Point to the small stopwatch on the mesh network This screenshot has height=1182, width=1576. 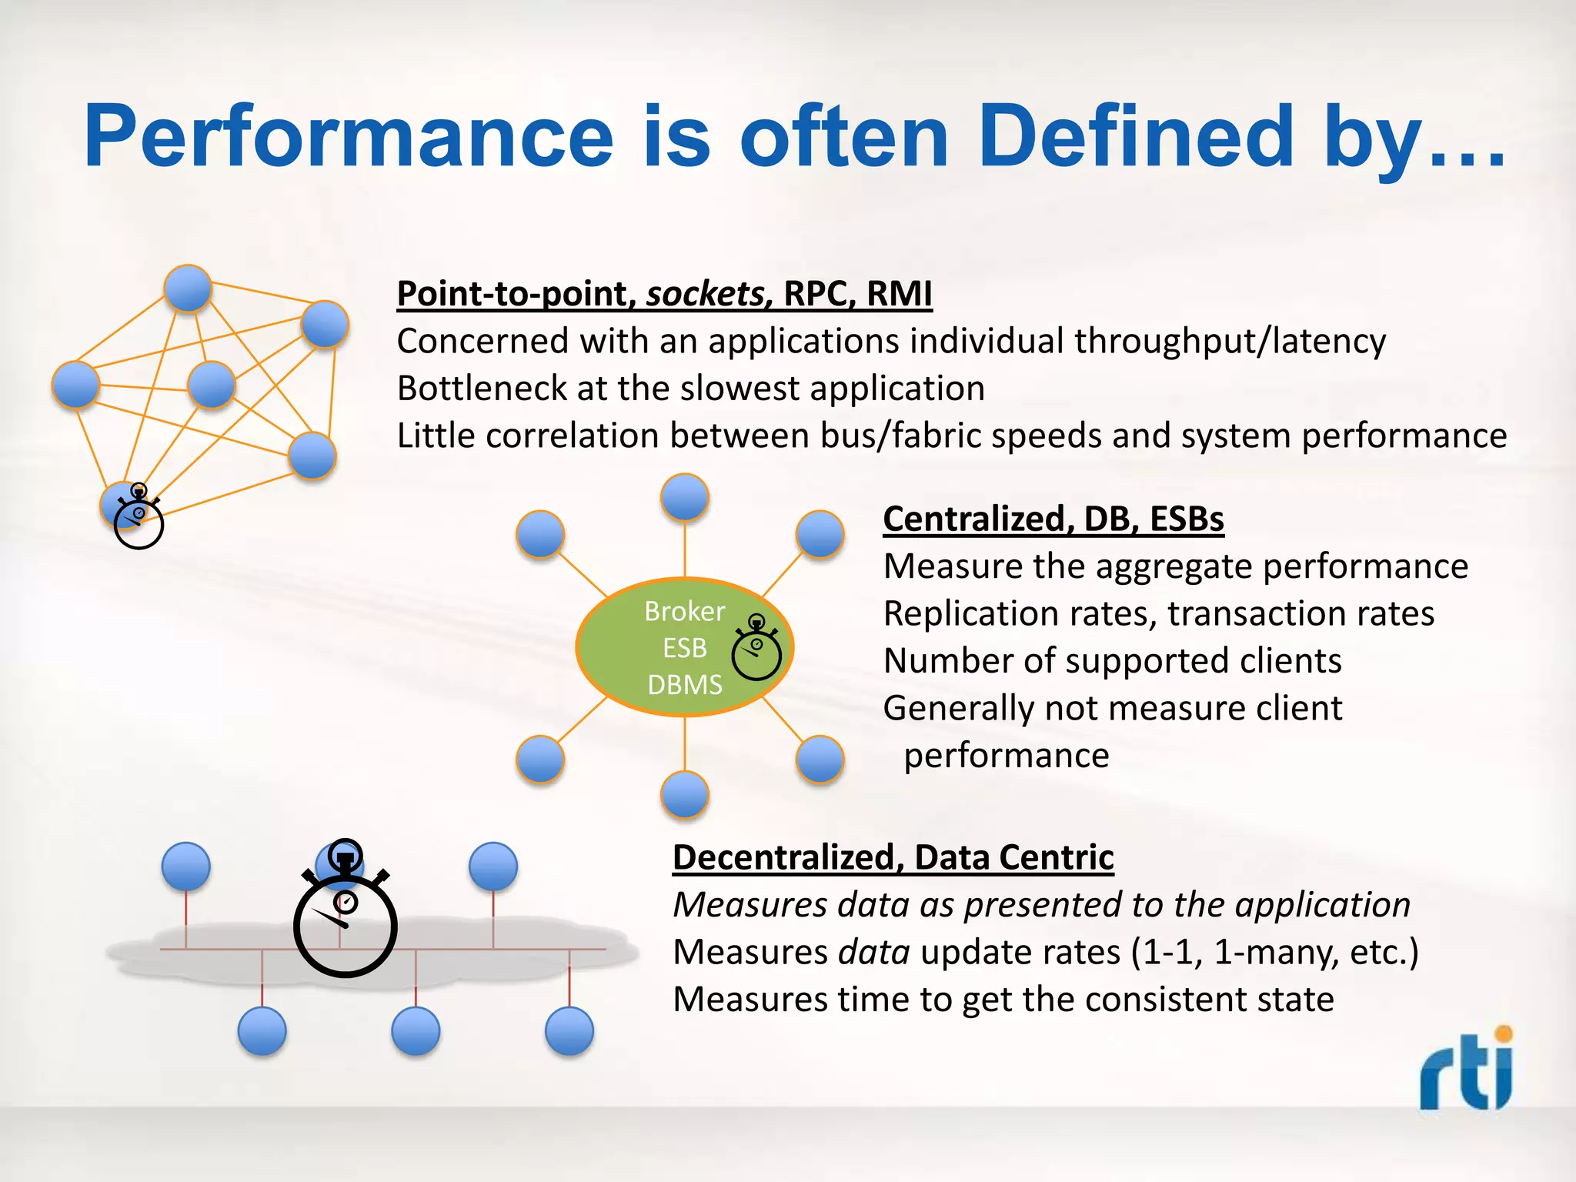coord(139,519)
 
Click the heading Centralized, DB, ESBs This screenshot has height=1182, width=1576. coord(1053,519)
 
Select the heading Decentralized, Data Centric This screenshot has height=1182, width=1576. coord(893,857)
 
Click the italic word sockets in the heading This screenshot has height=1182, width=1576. coord(705,294)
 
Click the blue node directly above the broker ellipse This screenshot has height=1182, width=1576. coord(684,497)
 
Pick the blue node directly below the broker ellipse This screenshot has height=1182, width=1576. coord(684,793)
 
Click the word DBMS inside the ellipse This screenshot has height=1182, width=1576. coord(684,684)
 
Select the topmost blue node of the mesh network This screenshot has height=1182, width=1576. coord(188,289)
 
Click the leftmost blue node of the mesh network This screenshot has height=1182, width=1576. coord(75,384)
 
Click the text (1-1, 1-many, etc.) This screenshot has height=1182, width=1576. coord(1274,953)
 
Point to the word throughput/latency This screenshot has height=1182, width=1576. coord(1230,341)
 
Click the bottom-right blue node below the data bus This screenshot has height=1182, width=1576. coord(569,1031)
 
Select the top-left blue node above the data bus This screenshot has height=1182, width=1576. coord(185,866)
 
